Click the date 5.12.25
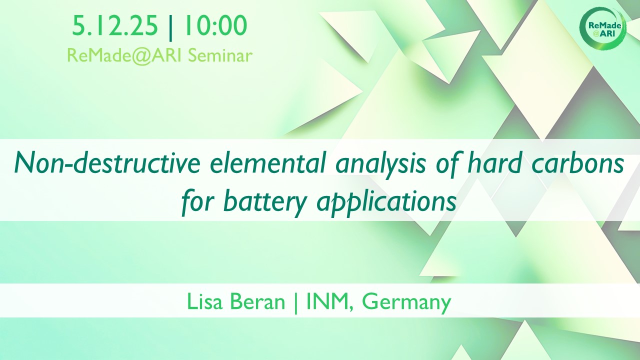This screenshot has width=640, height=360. (115, 25)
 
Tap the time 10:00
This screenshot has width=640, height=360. (215, 25)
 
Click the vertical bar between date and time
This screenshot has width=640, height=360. (171, 27)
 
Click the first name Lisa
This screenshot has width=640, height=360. (204, 301)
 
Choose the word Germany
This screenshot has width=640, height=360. (406, 303)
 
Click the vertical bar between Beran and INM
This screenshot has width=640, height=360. (295, 303)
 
